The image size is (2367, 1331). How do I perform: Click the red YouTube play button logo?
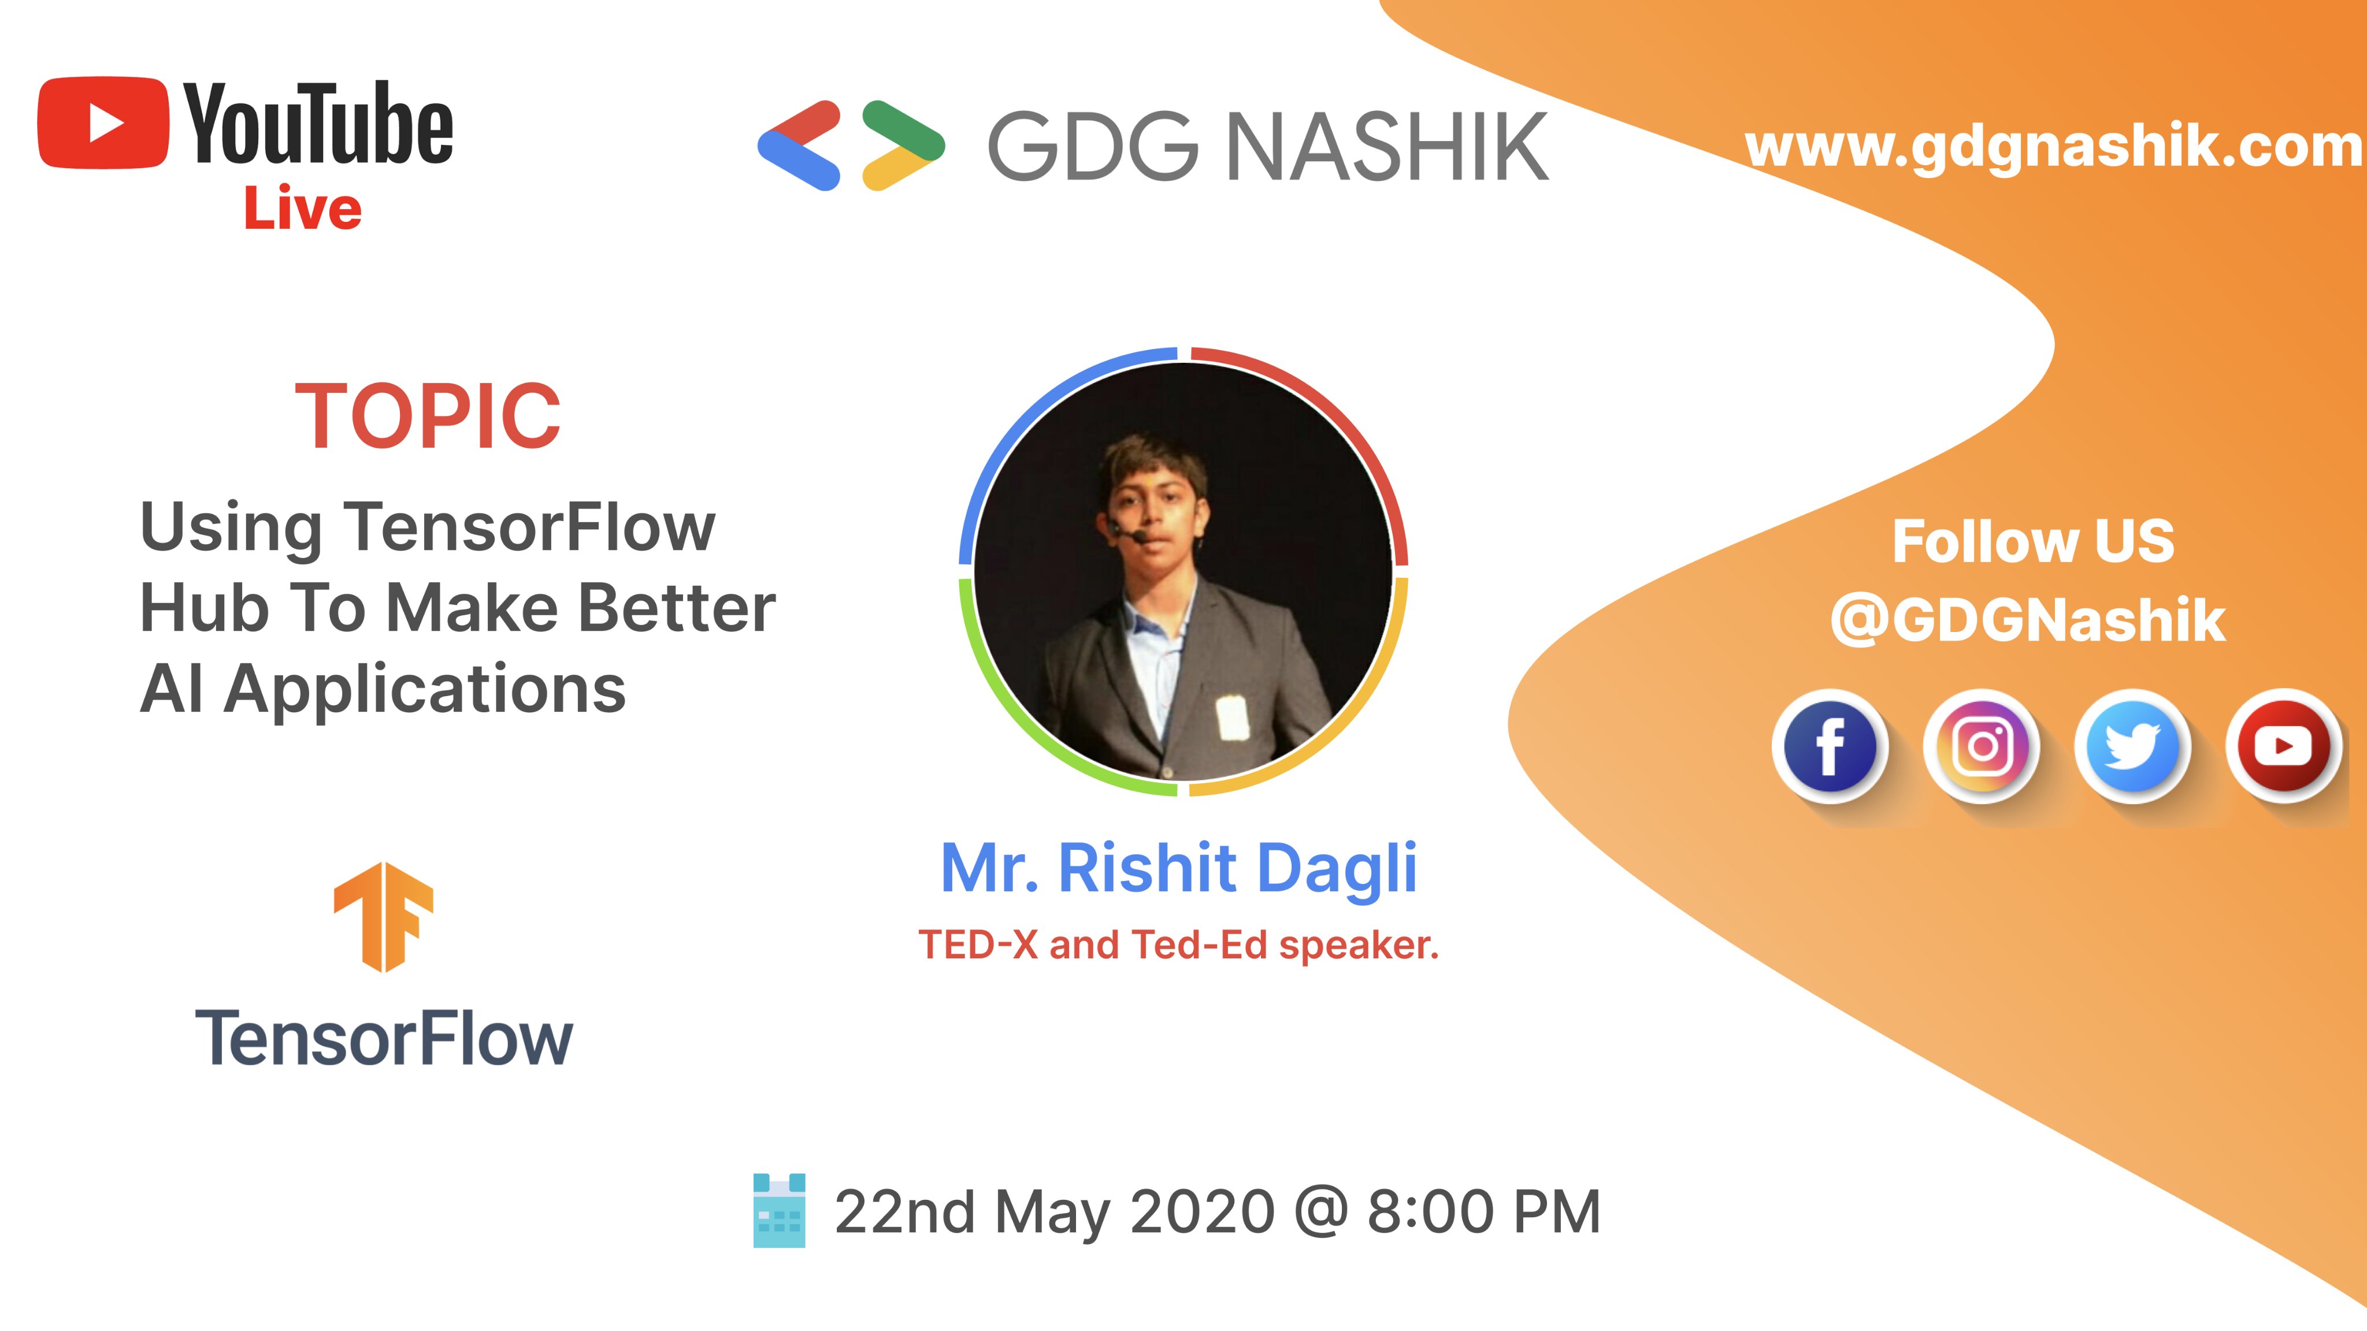point(103,123)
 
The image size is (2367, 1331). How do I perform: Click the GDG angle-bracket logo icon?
point(851,145)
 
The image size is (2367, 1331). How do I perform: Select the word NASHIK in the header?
point(1387,146)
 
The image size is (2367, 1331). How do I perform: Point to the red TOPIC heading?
point(427,416)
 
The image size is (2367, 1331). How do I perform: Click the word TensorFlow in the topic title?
point(530,527)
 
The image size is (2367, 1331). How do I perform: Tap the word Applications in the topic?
point(425,689)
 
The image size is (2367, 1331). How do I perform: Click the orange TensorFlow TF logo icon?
point(383,917)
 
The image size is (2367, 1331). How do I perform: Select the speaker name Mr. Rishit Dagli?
point(1179,868)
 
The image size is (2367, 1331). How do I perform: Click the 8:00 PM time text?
point(1484,1211)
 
